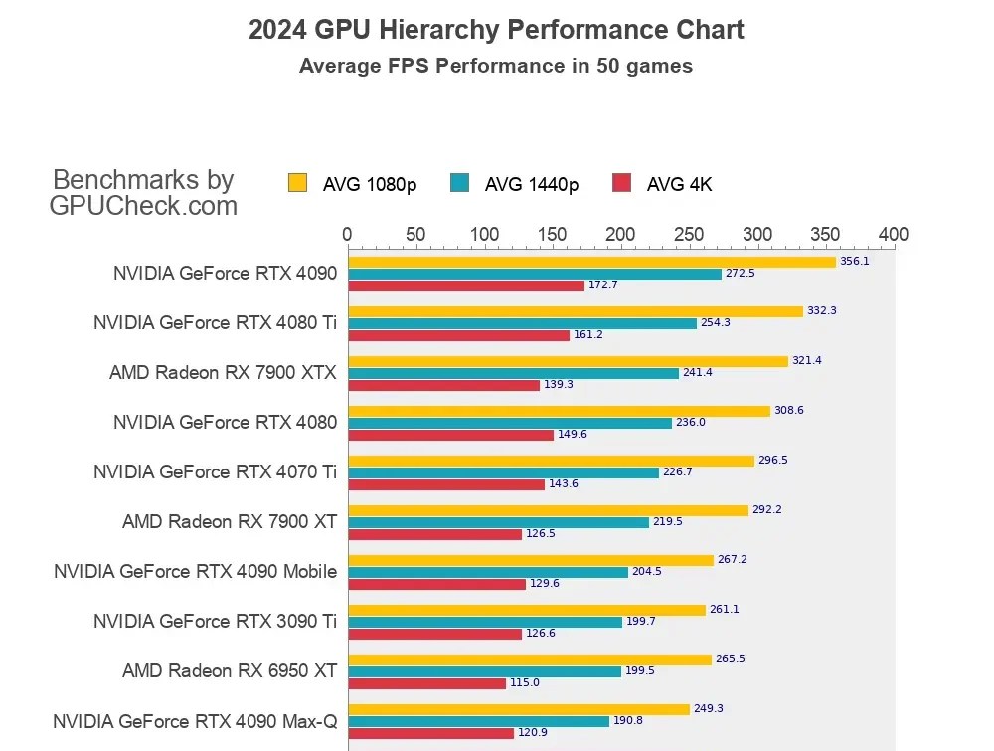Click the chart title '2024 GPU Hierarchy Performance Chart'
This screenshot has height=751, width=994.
coord(496,30)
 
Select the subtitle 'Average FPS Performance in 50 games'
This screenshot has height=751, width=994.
coord(496,67)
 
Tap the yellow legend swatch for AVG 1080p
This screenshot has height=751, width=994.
coord(297,183)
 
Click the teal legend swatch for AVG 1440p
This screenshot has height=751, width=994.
coord(459,183)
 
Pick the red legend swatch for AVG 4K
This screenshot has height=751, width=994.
coord(621,183)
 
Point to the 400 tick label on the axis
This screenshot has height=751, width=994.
coord(894,235)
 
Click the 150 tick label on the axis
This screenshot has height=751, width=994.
coord(552,235)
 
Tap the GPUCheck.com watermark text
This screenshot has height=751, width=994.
coord(143,206)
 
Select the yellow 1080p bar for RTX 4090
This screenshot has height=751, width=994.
coord(591,262)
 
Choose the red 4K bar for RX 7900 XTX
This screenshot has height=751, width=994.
coord(443,385)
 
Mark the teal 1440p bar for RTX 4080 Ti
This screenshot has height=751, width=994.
coord(522,323)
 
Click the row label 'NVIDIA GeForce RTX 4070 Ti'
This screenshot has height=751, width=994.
coord(215,471)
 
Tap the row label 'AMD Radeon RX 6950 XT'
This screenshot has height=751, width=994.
coord(230,670)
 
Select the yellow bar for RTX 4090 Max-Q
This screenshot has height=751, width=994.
coord(518,709)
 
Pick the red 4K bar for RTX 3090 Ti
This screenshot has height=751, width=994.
coord(434,634)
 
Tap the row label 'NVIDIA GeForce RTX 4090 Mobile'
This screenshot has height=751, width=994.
coord(195,571)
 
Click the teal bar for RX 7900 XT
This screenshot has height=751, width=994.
coord(498,522)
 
